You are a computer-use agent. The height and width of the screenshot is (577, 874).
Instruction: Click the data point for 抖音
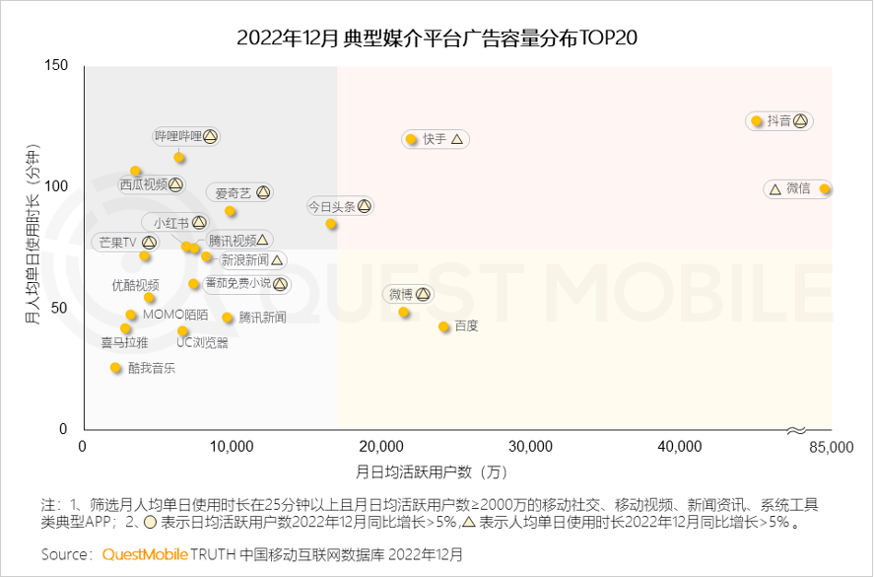pos(757,121)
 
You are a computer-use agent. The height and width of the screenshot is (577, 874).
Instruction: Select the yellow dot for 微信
pos(825,188)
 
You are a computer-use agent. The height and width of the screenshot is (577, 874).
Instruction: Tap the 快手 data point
pos(411,139)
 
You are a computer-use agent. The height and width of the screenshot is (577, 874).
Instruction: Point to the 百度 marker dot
pos(444,326)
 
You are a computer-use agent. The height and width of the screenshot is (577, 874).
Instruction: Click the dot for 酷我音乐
pos(115,368)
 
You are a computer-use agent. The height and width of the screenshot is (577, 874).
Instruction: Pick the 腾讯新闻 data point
pos(228,318)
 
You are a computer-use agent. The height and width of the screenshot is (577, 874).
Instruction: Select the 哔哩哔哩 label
pos(178,136)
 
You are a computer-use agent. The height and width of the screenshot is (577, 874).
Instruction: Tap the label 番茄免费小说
pos(237,284)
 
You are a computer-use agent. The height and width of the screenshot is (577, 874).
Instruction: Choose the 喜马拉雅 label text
pos(124,343)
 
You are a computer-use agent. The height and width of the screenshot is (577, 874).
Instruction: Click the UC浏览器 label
pos(202,343)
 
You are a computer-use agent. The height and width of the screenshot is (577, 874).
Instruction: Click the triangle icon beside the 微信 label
pos(774,188)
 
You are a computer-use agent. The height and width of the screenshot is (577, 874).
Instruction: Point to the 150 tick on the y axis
pos(56,66)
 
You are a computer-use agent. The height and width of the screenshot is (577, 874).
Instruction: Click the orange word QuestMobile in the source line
pos(145,555)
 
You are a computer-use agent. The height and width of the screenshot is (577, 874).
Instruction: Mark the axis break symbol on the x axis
pos(797,430)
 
